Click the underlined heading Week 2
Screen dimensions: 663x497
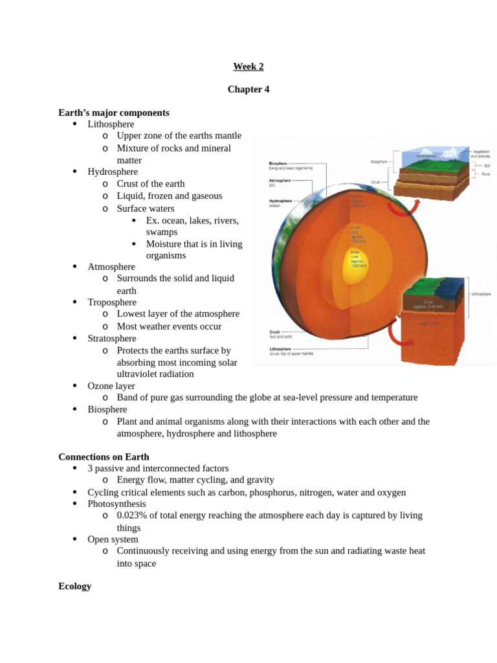pyautogui.click(x=248, y=66)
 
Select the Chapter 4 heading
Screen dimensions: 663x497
pyautogui.click(x=248, y=89)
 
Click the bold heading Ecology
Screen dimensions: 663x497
pyautogui.click(x=75, y=586)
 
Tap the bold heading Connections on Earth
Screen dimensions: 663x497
pyautogui.click(x=104, y=456)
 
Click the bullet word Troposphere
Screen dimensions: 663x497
pyautogui.click(x=112, y=302)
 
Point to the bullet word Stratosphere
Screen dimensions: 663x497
pyautogui.click(x=112, y=339)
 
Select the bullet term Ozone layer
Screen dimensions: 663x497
pyautogui.click(x=111, y=386)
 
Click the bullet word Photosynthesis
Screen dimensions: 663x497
pyautogui.click(x=117, y=504)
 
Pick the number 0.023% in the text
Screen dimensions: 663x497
pyautogui.click(x=131, y=515)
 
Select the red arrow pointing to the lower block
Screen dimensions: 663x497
pyautogui.click(x=394, y=334)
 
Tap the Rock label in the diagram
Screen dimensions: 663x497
pyautogui.click(x=487, y=174)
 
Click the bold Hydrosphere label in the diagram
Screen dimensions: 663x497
pyautogui.click(x=282, y=201)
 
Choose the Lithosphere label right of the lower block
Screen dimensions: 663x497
pyautogui.click(x=481, y=294)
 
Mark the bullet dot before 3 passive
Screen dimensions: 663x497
pyautogui.click(x=75, y=468)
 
